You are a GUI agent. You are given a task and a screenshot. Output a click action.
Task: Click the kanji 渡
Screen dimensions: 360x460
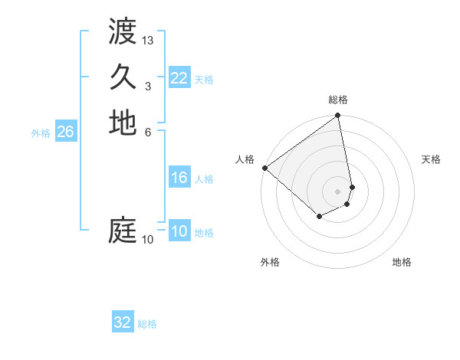tap(123, 33)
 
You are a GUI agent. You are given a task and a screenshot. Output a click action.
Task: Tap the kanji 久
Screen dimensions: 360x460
tap(123, 77)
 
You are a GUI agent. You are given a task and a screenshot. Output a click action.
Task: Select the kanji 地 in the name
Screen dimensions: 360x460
tap(123, 123)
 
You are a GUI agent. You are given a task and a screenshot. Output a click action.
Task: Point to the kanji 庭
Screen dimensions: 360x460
tap(123, 230)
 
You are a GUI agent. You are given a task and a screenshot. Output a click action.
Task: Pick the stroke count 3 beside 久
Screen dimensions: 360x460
tap(147, 86)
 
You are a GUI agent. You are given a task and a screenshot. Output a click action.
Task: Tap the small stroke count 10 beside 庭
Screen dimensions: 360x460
tap(147, 240)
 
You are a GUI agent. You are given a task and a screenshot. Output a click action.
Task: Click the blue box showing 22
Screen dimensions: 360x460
tap(179, 77)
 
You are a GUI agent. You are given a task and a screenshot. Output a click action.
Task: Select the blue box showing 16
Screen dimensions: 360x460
tap(179, 178)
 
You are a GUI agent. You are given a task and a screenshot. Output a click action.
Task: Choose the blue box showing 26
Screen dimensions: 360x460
tap(65, 132)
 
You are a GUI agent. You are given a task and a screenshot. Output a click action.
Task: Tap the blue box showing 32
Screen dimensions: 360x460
tap(123, 322)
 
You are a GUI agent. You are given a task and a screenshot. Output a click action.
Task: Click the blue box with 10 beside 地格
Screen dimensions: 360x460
tap(179, 231)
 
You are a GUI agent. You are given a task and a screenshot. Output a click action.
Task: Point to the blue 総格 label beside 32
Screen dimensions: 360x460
tap(147, 324)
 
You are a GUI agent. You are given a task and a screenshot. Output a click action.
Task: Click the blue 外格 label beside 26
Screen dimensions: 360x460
tap(41, 133)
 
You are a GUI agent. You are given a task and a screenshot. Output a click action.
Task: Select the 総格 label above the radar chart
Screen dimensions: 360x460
tap(338, 100)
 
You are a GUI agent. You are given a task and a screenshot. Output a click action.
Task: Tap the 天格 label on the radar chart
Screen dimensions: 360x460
tap(431, 159)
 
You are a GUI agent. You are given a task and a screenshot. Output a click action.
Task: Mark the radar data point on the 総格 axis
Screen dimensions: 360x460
tap(338, 116)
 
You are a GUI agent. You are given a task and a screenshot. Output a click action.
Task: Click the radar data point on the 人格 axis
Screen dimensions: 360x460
tap(264, 168)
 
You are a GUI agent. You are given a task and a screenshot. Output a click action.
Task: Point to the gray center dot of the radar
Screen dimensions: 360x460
tap(338, 191)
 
